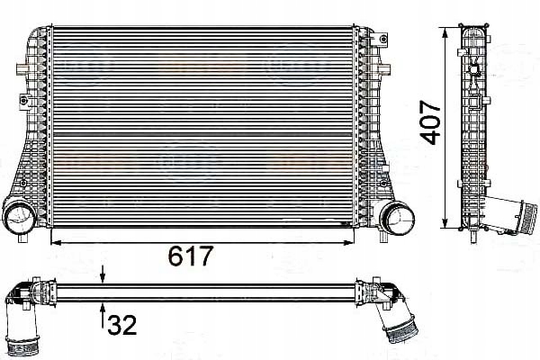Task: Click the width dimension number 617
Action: click(x=191, y=257)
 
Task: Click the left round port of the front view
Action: click(x=19, y=217)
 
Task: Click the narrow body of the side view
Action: click(x=473, y=126)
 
